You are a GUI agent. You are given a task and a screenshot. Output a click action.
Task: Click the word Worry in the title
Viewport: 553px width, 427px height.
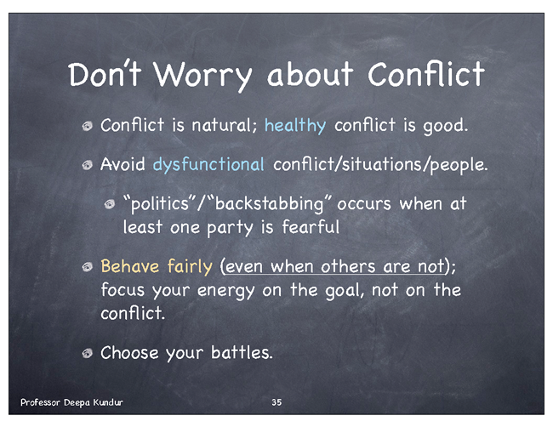[202, 76]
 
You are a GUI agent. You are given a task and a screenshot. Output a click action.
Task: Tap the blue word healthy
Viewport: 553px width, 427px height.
[295, 126]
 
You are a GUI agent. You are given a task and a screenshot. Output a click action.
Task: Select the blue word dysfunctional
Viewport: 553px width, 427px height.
[208, 165]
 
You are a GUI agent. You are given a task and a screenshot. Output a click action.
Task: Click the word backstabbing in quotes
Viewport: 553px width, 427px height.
[269, 204]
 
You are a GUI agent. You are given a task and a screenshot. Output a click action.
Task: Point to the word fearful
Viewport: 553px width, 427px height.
[311, 226]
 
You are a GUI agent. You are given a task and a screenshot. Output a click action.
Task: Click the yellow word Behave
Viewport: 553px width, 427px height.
[130, 266]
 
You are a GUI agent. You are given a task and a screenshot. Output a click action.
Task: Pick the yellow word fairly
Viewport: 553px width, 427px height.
[190, 267]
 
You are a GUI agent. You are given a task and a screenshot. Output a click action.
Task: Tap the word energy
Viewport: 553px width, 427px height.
[225, 291]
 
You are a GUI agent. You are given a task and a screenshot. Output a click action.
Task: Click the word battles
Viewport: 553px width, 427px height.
[241, 352]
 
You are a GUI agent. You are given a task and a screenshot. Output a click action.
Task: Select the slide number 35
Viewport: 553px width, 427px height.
[276, 402]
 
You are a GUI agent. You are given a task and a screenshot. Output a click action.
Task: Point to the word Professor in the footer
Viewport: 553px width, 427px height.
[40, 402]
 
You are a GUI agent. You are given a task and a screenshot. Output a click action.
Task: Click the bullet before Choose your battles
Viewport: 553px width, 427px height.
[88, 353]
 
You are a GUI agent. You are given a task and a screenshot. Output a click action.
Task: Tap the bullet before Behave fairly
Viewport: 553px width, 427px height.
[88, 267]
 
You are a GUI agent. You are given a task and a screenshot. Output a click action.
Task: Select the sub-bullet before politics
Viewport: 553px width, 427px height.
[110, 204]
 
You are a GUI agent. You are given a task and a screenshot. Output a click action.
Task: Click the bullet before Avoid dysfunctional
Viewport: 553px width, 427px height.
[88, 165]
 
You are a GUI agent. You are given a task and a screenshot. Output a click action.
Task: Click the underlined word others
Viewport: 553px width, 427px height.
[348, 267]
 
